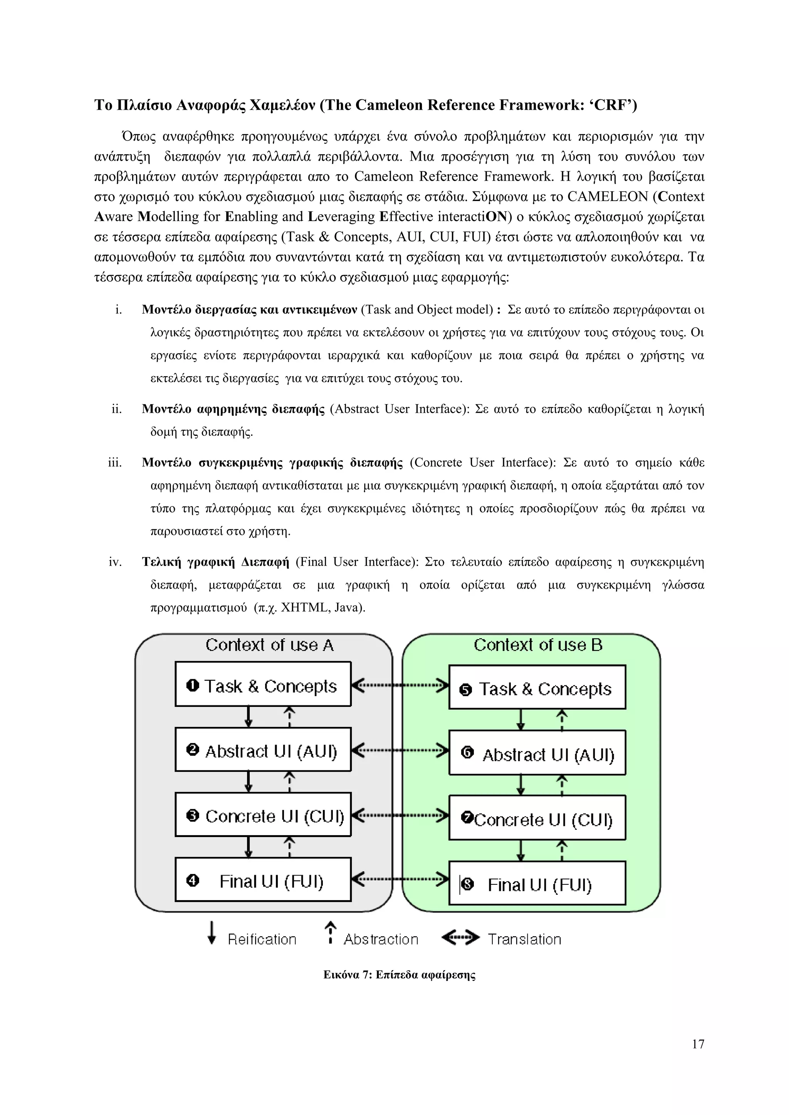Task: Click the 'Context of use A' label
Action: point(269,645)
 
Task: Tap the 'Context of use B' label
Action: point(538,645)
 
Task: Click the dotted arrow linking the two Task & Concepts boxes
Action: point(400,686)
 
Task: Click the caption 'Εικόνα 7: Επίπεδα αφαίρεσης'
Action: point(400,974)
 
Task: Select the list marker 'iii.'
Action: point(115,462)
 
